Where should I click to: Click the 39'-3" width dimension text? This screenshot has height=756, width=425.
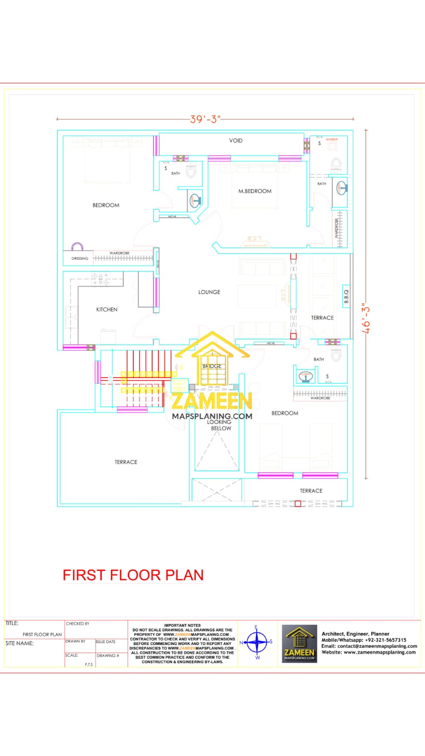click(205, 119)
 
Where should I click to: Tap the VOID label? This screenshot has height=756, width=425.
click(235, 140)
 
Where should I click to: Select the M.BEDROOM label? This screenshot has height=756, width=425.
click(255, 191)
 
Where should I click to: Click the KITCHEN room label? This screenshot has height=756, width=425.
click(106, 309)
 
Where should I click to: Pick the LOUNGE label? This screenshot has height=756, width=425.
click(209, 292)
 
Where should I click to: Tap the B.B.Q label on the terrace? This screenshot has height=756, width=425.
click(346, 296)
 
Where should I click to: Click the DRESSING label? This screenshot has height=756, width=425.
click(79, 258)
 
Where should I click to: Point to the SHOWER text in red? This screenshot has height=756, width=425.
click(332, 139)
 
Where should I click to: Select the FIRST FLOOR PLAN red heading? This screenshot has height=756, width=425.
click(133, 575)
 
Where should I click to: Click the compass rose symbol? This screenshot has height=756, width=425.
click(257, 642)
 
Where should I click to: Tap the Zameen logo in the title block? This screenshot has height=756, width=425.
click(299, 644)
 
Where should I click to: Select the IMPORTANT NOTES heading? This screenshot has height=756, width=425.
click(182, 625)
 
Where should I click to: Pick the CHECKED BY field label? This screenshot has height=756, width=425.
click(78, 624)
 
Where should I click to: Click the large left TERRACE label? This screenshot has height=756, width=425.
click(126, 462)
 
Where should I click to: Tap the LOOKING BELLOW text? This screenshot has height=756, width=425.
click(220, 425)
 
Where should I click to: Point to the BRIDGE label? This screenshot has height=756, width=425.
click(212, 366)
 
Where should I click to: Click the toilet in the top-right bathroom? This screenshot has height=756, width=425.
click(336, 164)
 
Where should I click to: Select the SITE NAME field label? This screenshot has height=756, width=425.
click(19, 643)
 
